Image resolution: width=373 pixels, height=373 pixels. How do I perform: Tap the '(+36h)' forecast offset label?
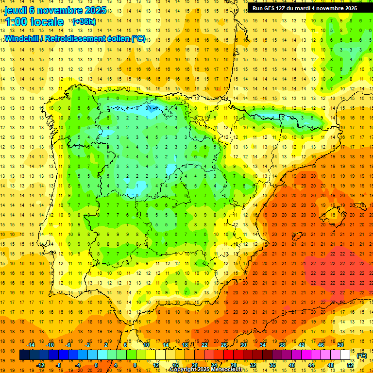84,22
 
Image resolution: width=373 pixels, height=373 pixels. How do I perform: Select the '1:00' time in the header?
16,22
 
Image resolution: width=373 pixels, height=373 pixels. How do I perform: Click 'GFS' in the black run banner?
272,8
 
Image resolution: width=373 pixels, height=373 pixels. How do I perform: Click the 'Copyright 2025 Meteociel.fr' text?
213,370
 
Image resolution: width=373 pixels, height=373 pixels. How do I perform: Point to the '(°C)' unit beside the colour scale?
361,356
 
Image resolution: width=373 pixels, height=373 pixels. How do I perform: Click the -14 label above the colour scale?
30,345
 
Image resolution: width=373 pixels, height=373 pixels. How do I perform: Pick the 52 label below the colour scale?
350,365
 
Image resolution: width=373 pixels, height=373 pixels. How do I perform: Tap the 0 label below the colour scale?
96,365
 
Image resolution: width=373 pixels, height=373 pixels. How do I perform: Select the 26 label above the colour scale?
224,345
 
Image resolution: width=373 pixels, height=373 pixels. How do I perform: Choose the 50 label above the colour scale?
340,345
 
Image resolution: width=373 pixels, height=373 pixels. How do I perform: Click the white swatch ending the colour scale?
345,355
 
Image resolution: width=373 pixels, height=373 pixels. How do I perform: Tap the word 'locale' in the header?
47,22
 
